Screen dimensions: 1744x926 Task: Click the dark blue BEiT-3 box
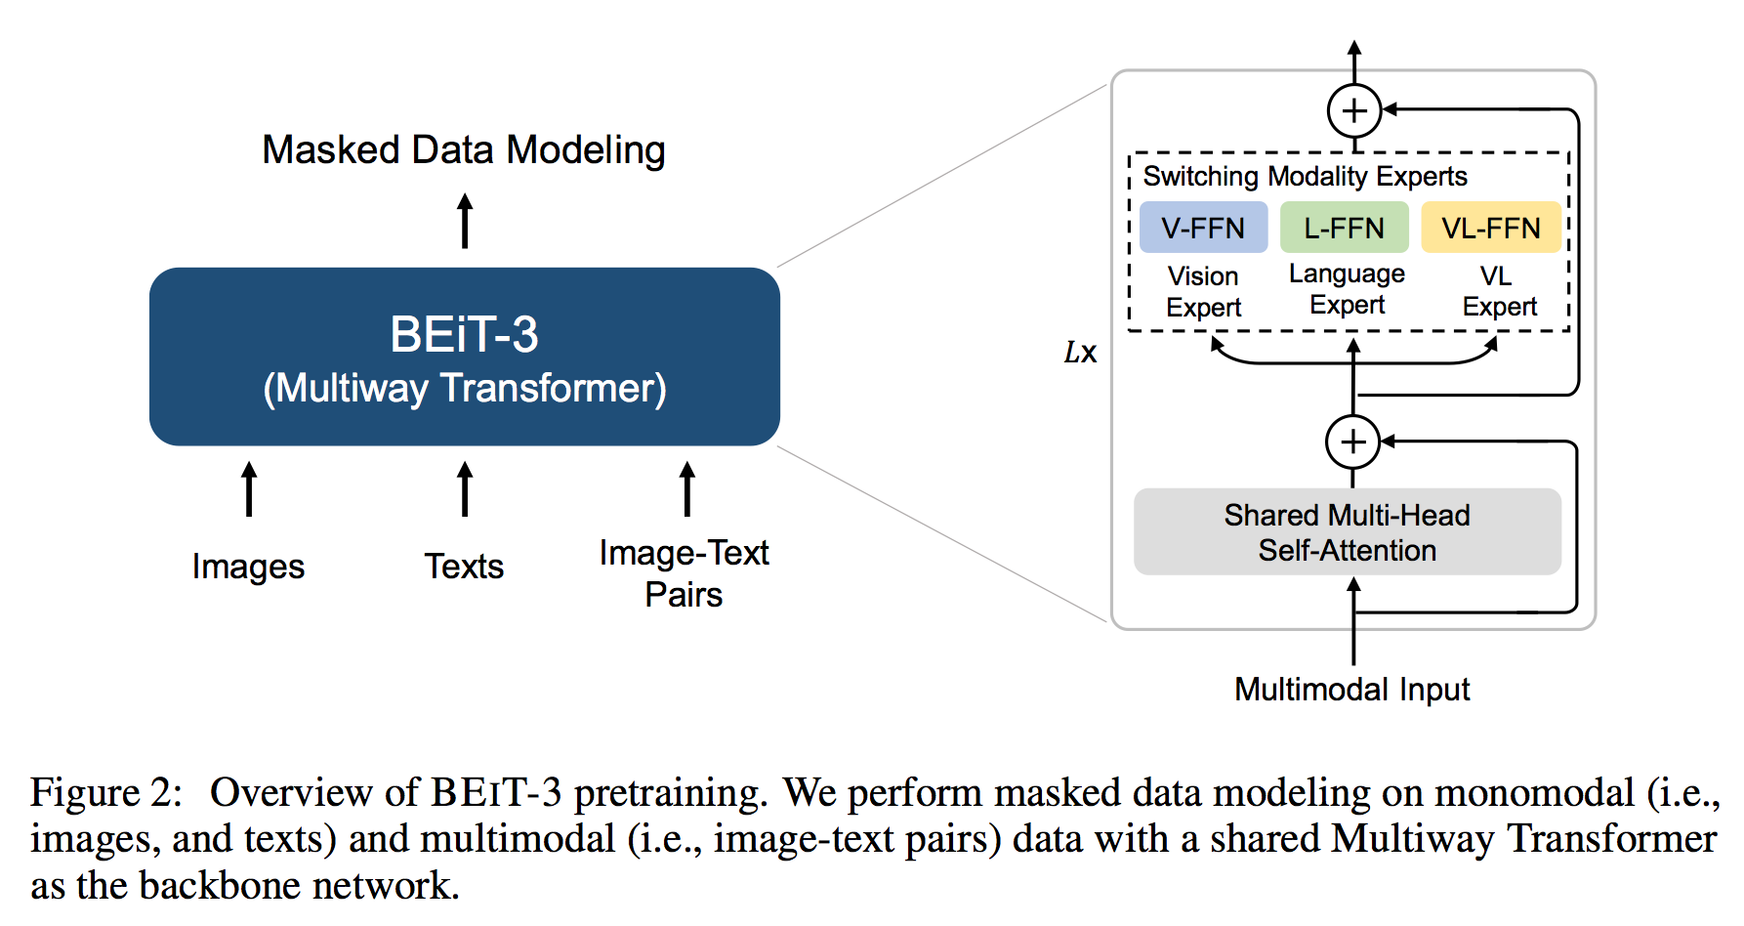coord(465,357)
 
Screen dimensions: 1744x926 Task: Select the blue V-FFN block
coord(1203,228)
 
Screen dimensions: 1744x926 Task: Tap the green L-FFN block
coord(1345,228)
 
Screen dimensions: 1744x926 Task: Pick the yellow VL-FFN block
coord(1491,228)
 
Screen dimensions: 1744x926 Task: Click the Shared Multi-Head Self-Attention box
coord(1348,531)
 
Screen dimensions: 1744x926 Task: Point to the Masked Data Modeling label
coord(464,150)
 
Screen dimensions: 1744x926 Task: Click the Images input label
coord(248,567)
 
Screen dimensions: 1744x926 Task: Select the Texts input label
coord(464,567)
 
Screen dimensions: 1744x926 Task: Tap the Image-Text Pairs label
coord(685,573)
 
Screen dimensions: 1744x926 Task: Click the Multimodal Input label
coord(1352,690)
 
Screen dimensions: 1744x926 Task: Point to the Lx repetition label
coord(1080,352)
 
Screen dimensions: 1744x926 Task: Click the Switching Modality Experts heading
coord(1306,176)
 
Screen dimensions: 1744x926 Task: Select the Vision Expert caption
coord(1203,291)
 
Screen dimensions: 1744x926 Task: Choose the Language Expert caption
coord(1348,289)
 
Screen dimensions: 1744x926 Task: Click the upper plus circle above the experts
coord(1354,110)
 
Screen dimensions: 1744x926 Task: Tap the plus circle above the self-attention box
coord(1352,442)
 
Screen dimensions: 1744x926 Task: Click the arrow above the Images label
coord(249,488)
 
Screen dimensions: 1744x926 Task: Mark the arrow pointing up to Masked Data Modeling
coord(465,221)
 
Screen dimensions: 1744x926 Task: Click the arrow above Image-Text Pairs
coord(687,488)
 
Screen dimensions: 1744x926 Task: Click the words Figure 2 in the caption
coord(106,792)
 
